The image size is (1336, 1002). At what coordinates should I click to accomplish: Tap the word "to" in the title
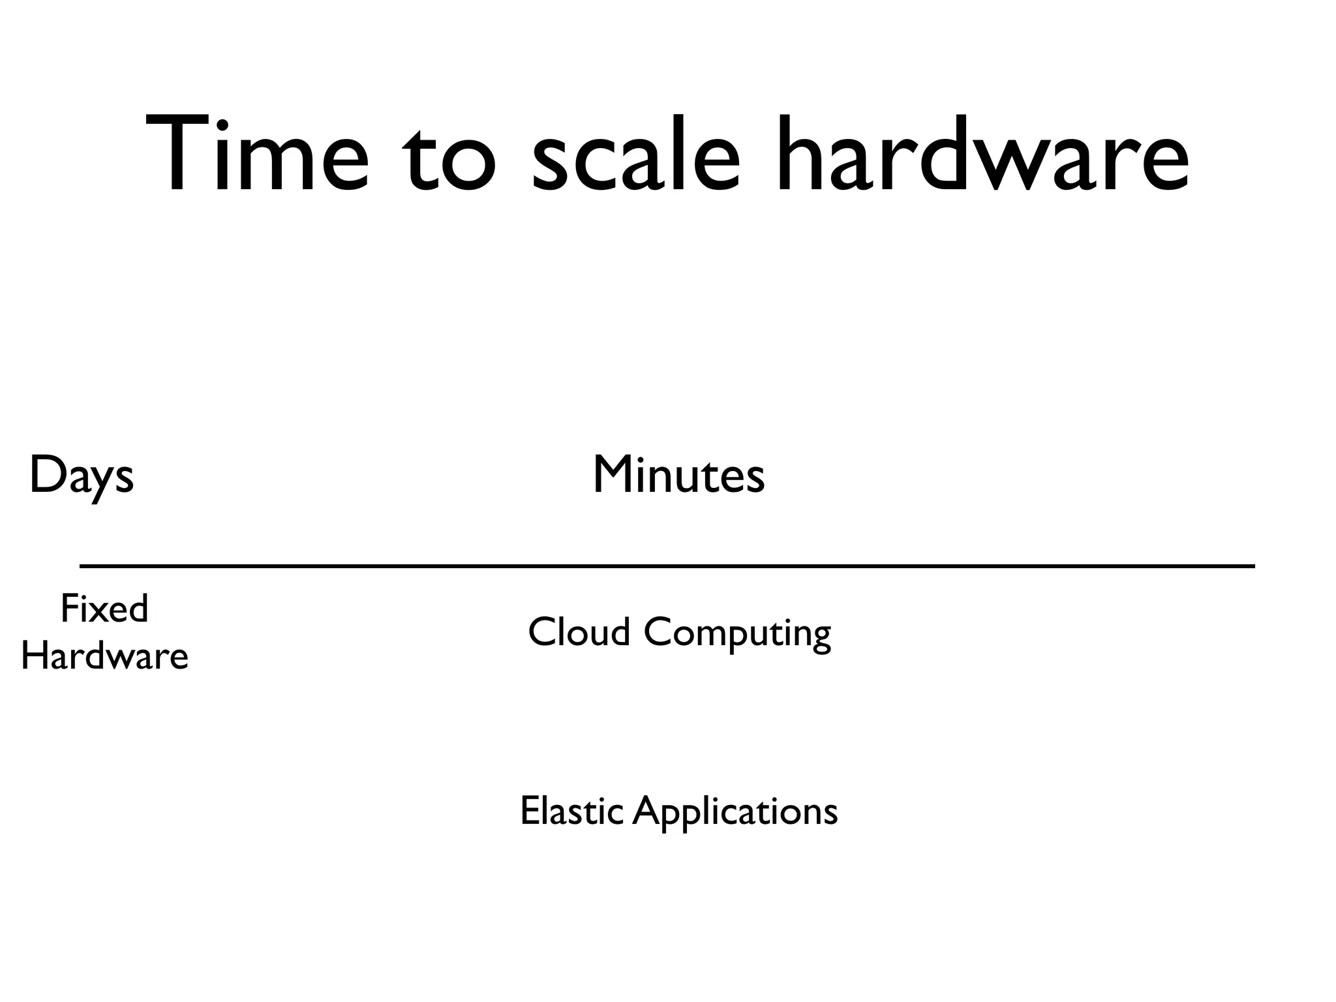click(x=449, y=160)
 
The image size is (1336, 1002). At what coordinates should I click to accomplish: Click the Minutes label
click(x=678, y=476)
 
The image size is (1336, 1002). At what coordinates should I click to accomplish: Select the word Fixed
click(x=104, y=609)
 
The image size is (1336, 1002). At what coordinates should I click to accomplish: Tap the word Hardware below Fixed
click(x=104, y=656)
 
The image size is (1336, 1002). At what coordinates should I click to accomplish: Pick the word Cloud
click(x=579, y=632)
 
